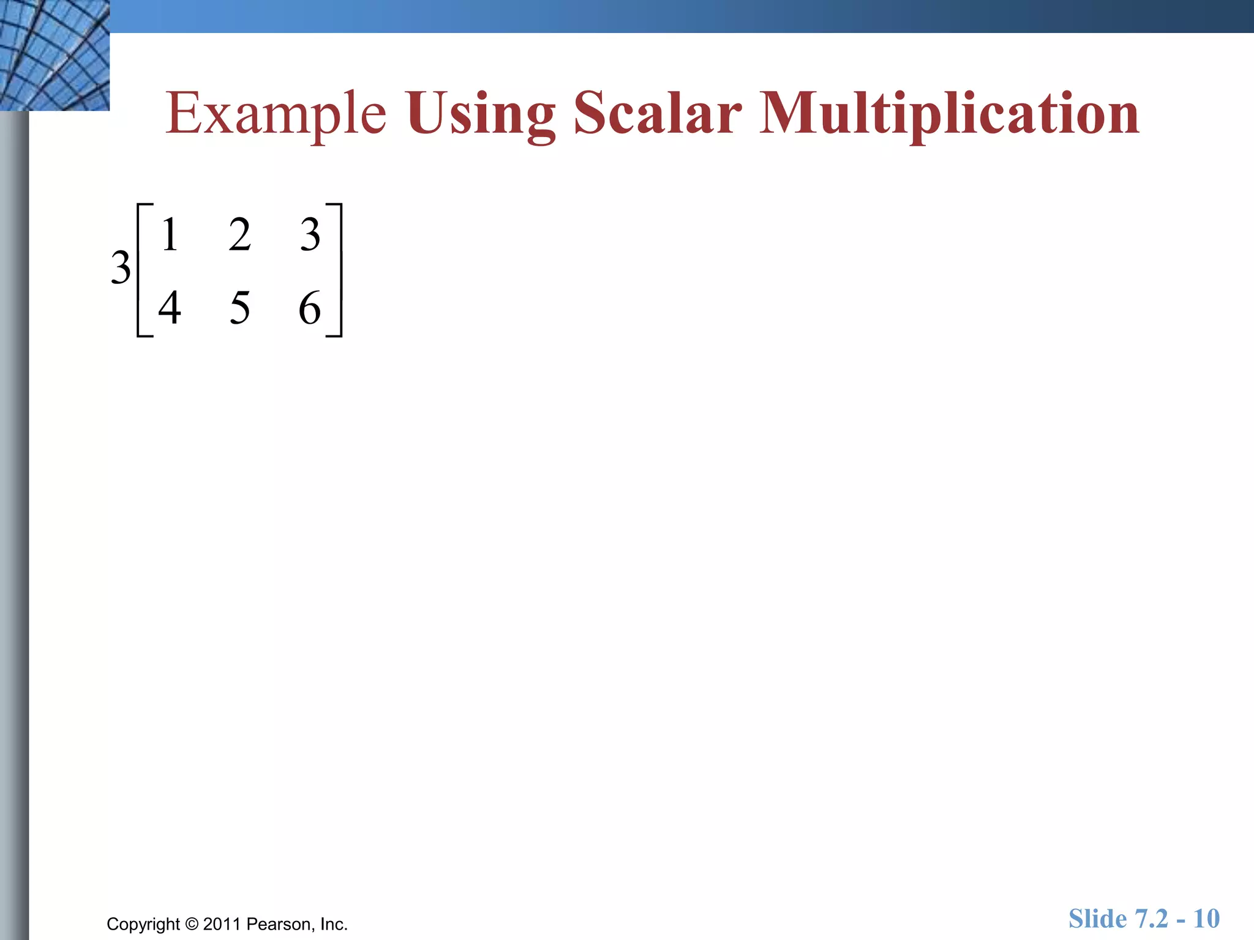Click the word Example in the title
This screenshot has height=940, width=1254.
(276, 114)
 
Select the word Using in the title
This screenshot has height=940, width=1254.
(481, 115)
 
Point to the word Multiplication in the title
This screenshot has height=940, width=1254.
(949, 114)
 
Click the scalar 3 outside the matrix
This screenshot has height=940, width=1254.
(121, 268)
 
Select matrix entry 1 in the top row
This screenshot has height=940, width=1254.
(170, 234)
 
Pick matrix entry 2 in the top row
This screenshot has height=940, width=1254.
(240, 234)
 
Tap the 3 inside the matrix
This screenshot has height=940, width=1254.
(310, 234)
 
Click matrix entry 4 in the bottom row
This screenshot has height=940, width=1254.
(170, 308)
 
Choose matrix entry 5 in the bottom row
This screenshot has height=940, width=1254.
(240, 308)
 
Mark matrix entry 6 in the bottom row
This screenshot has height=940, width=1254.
(310, 308)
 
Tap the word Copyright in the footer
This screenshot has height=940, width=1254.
(143, 924)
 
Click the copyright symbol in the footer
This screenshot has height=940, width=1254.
(192, 923)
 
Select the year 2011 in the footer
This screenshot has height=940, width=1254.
(222, 923)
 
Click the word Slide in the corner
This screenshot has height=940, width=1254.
(1097, 919)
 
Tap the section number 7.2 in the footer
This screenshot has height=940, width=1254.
(1151, 919)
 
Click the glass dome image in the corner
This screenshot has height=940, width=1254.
(54, 55)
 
